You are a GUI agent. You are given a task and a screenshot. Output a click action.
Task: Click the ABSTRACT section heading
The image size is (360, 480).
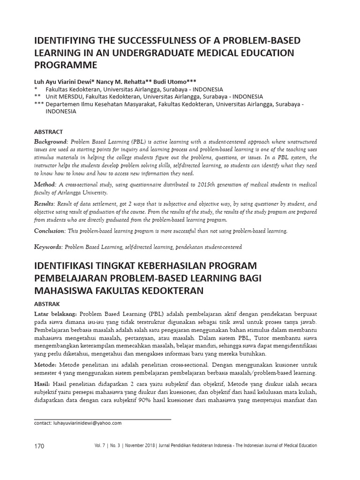pos(49,132)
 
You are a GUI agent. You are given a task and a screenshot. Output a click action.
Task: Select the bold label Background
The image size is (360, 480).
pos(51,142)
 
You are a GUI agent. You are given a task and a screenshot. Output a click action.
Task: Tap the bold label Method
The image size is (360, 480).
pos(45,185)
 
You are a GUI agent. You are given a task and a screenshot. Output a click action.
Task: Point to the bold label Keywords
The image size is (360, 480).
pos(48,247)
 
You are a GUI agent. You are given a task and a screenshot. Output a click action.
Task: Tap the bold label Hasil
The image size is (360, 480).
pos(42,383)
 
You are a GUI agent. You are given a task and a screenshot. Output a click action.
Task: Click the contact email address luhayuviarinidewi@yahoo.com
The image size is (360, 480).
pos(78,422)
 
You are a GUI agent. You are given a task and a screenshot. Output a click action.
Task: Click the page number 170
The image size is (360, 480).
pos(39,446)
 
